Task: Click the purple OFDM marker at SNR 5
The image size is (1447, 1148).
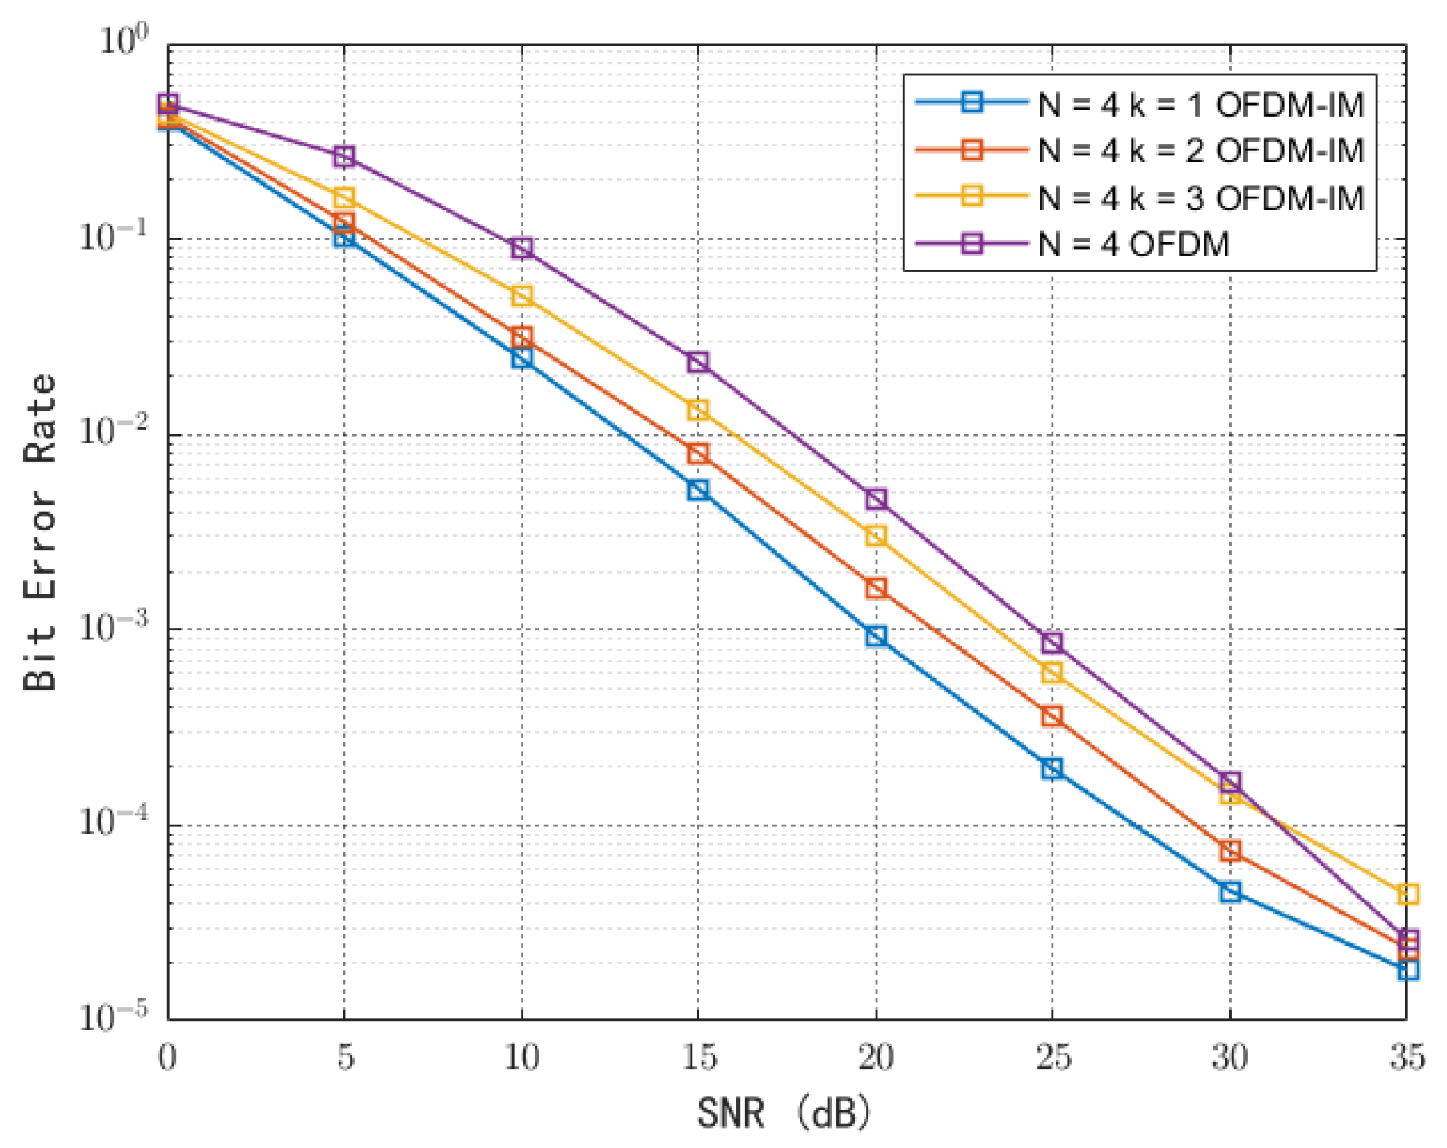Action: tap(344, 156)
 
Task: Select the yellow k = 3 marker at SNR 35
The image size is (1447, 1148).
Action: tap(1408, 894)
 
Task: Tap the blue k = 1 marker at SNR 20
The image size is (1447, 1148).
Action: tap(876, 637)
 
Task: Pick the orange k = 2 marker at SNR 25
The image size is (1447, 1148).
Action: tap(1052, 716)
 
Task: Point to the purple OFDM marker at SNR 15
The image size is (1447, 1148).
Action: tap(698, 362)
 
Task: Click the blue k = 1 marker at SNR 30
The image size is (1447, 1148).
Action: tap(1230, 892)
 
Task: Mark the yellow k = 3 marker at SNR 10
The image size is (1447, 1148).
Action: tap(522, 296)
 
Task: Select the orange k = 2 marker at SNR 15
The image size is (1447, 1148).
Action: tap(698, 454)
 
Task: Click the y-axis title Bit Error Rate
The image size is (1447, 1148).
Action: tap(40, 532)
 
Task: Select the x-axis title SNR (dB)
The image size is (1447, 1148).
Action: tap(784, 1113)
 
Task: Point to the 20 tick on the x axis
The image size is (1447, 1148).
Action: tap(876, 1058)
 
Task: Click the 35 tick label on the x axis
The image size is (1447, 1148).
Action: tap(1407, 1058)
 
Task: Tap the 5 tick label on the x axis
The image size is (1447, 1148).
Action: tap(344, 1058)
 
